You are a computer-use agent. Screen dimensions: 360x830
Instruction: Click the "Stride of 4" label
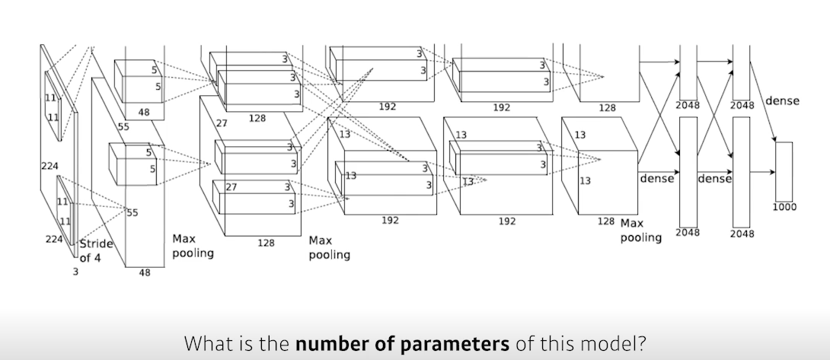96,250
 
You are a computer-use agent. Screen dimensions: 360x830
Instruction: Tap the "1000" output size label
784,206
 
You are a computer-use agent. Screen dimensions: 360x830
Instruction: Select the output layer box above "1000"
784,170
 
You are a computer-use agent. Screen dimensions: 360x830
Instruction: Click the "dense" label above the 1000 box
782,100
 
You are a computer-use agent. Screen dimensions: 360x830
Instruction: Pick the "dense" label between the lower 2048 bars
714,179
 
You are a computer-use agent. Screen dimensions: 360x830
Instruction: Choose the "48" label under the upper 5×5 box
144,112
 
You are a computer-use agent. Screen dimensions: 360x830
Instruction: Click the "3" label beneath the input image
75,270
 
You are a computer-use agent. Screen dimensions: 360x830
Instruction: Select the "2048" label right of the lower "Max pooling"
687,232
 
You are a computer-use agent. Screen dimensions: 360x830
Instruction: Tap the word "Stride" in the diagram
97,244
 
